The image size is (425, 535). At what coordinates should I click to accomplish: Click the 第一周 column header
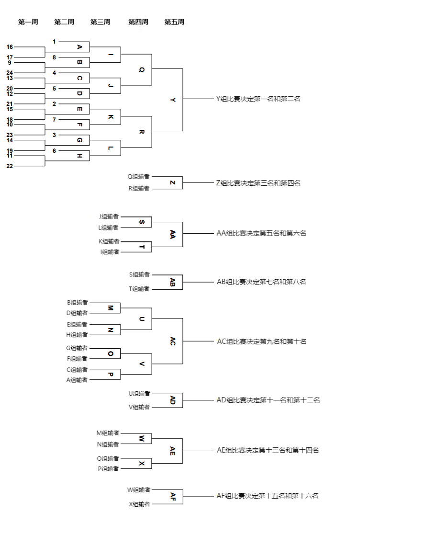point(28,22)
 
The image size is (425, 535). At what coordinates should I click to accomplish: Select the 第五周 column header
point(174,22)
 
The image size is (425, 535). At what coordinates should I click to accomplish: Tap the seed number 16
point(10,47)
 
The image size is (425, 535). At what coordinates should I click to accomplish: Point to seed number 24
point(10,73)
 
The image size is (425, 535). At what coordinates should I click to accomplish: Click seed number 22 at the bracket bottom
point(10,166)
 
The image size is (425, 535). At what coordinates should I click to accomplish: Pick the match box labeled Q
point(141,69)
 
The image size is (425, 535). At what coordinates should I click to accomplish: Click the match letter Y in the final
point(173,100)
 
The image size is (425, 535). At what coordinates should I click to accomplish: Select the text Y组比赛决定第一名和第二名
point(258,99)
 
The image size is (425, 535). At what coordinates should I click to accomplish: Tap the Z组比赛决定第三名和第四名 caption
point(258,183)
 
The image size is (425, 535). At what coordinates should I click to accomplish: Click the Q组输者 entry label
point(139,176)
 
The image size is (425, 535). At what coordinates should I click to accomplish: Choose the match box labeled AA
point(173,234)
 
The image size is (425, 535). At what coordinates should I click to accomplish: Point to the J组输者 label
point(109,217)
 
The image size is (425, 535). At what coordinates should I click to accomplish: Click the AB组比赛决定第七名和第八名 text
point(261,282)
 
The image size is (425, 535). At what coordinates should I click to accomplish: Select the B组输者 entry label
point(78,302)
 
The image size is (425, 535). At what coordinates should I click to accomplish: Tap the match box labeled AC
point(173,341)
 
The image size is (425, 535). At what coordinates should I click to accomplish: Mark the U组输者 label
point(139,394)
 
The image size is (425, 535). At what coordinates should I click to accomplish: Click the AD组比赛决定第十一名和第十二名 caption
point(268,400)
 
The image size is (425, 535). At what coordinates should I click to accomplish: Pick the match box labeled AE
point(173,451)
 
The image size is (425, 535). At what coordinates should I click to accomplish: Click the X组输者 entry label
point(140,504)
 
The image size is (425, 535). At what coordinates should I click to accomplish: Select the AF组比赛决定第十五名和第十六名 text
point(268,496)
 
